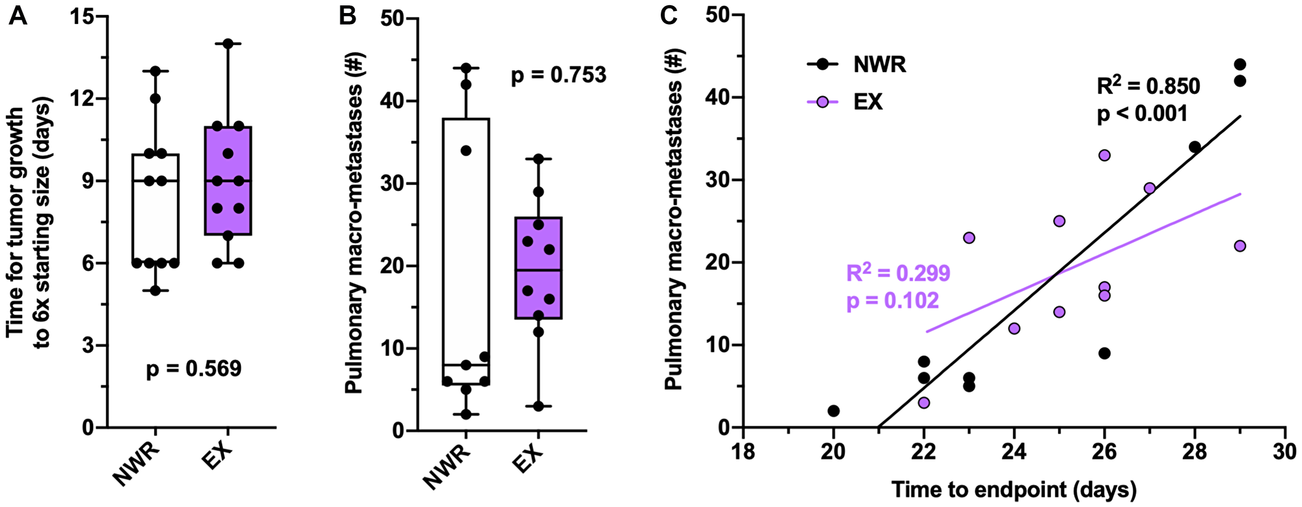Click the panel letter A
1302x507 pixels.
[x=18, y=15]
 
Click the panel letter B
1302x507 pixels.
[x=348, y=15]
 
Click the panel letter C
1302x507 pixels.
[x=669, y=15]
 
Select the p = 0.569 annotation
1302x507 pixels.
[x=193, y=369]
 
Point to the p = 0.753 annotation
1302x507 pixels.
[x=558, y=75]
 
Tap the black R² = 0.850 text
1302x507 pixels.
[x=1148, y=87]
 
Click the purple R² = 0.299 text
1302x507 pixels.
[x=898, y=273]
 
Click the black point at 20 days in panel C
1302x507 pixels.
[x=833, y=411]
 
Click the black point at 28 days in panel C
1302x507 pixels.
[x=1195, y=147]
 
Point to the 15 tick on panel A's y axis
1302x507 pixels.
[x=83, y=17]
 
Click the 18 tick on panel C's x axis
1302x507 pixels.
[x=743, y=451]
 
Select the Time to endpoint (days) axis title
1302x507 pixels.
[x=1014, y=489]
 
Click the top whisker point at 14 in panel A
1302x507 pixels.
[x=228, y=44]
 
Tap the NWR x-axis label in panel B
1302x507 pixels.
[x=447, y=467]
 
